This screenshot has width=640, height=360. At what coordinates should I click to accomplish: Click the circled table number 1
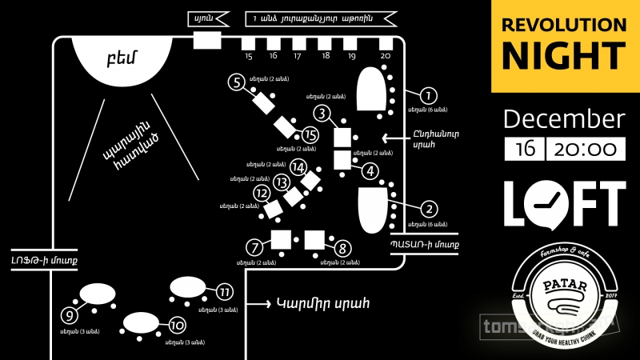point(429,96)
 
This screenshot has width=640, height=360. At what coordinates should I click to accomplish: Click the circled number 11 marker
point(224,291)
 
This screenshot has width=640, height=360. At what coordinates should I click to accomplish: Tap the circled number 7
point(255,247)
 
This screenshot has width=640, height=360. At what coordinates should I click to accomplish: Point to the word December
point(563,119)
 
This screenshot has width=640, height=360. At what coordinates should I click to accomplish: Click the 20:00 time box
point(586,149)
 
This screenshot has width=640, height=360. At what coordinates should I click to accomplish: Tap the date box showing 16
point(525,149)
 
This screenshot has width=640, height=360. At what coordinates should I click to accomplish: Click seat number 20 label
point(386,56)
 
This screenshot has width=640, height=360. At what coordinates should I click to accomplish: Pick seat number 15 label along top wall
point(249,56)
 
